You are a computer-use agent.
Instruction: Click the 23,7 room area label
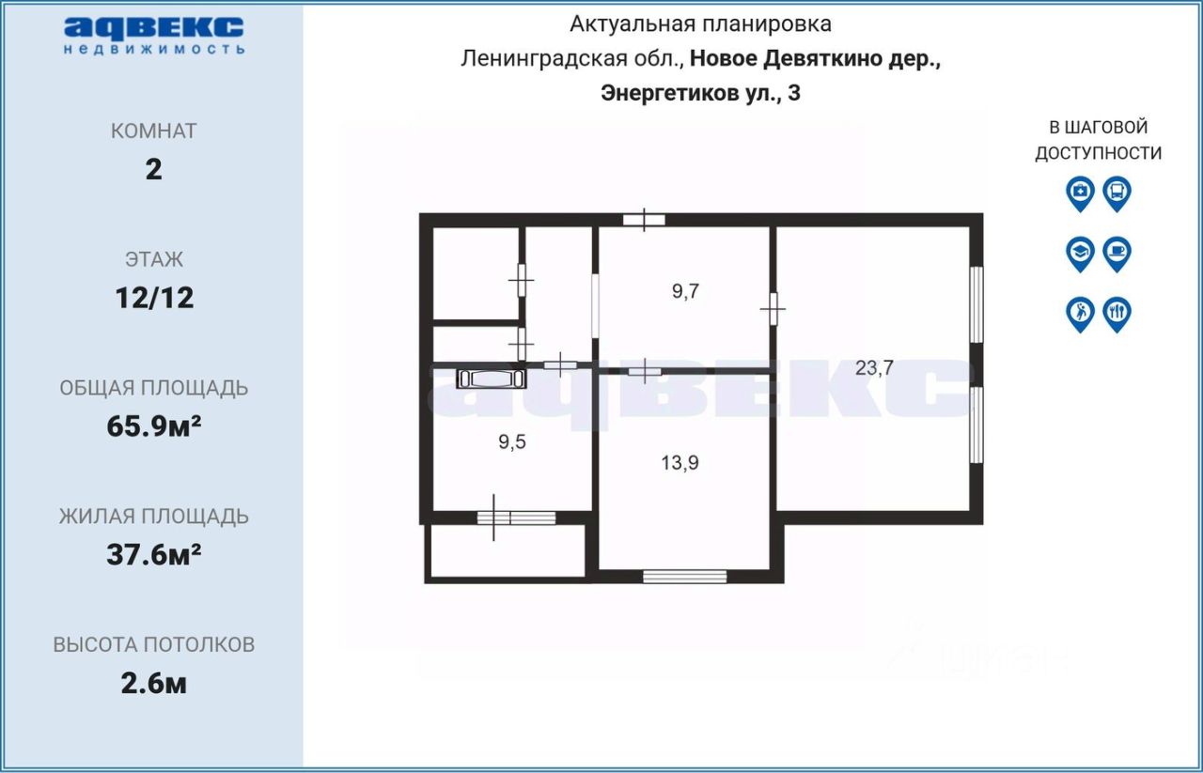tap(874, 367)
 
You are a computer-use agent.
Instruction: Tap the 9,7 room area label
tap(685, 291)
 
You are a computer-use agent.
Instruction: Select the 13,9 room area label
tap(680, 462)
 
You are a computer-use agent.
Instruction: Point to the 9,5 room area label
tap(512, 441)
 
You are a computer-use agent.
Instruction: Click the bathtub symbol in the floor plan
tap(492, 379)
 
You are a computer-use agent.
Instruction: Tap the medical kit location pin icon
tap(1080, 193)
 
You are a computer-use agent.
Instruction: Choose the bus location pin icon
tap(1117, 193)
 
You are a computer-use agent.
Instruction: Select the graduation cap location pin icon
tap(1080, 255)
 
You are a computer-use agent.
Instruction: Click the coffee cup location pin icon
tap(1117, 255)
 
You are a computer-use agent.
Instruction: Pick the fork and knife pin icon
tap(1117, 315)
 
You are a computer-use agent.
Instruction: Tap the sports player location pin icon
tap(1080, 315)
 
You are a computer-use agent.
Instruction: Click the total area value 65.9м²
tap(153, 426)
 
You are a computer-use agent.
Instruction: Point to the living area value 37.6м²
tap(153, 554)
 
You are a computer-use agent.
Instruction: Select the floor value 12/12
tap(154, 298)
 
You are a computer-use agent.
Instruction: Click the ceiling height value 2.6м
tap(153, 684)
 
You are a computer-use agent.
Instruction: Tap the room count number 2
tap(153, 170)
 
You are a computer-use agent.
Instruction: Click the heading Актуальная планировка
tap(700, 24)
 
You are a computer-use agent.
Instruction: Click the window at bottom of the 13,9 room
tap(685, 577)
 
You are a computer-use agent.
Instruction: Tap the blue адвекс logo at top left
tap(154, 36)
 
